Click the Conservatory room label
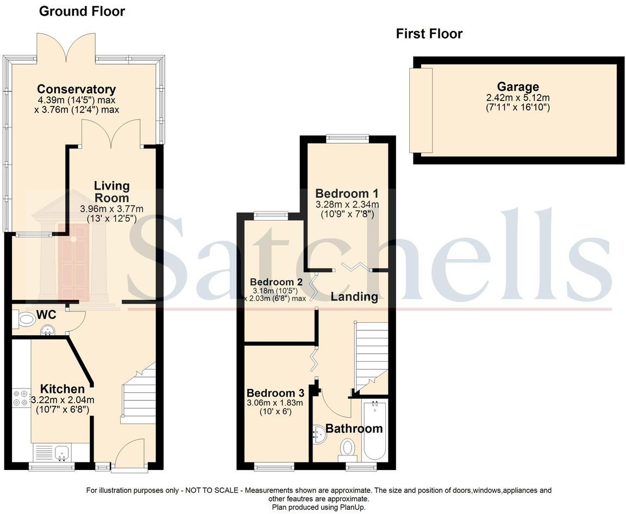pos(76,89)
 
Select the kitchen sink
pos(61,452)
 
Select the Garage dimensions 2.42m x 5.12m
pos(518,98)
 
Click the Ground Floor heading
pos(82,11)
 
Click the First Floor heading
pos(429,34)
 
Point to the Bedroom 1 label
pos(347,193)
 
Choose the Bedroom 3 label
pos(274,393)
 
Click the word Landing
pos(354,297)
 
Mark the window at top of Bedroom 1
pos(347,139)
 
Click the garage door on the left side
pos(421,110)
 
